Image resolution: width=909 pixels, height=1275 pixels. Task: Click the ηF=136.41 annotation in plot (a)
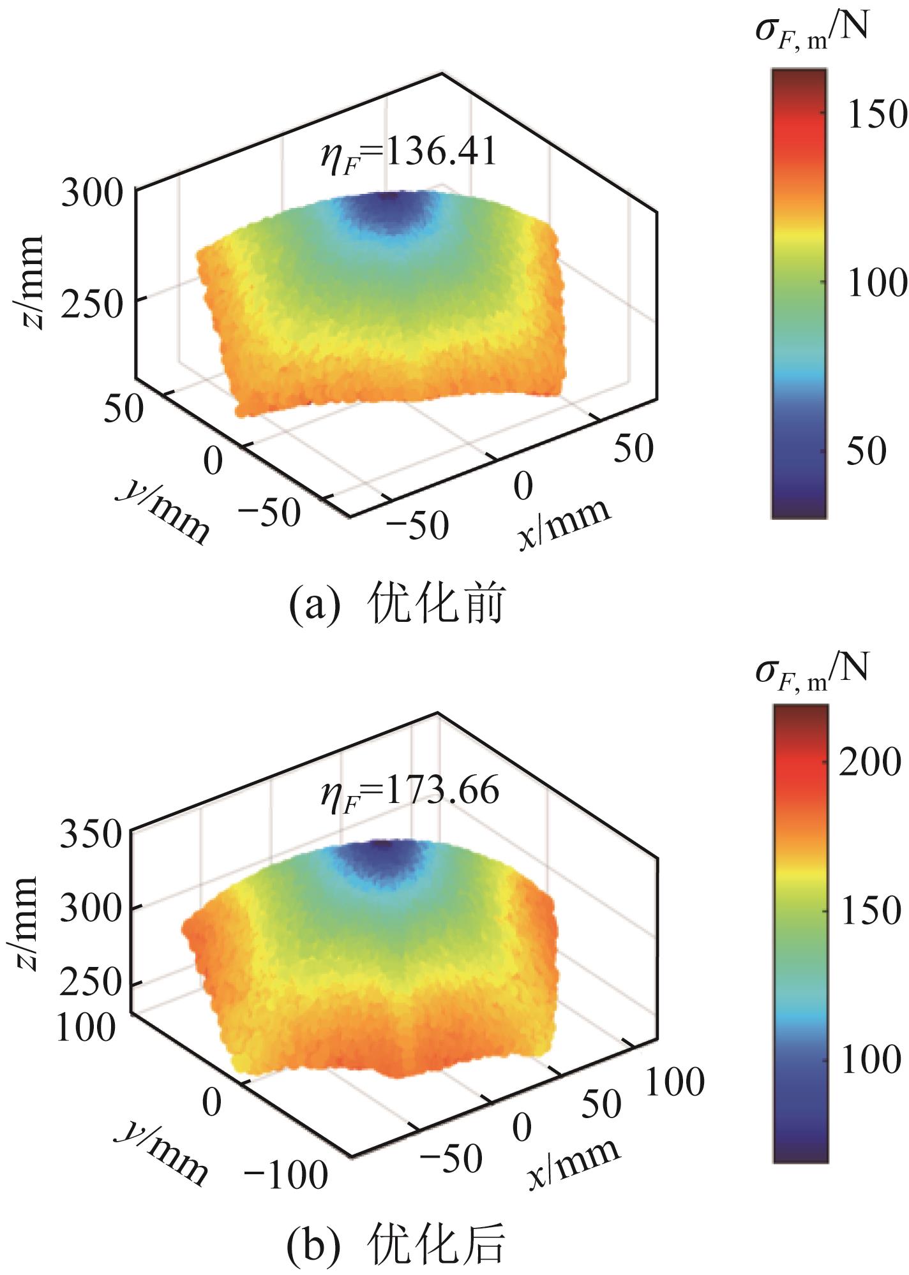[409, 154]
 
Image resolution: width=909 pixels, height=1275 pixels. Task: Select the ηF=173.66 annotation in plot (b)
[409, 791]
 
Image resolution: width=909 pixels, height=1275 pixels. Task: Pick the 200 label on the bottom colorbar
[869, 762]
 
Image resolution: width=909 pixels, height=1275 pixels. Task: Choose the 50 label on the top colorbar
[866, 452]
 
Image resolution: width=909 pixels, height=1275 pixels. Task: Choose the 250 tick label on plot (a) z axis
[91, 307]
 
